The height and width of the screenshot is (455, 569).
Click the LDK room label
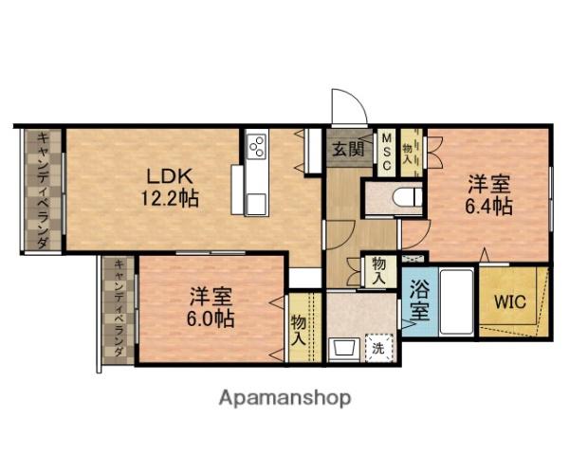[169, 176]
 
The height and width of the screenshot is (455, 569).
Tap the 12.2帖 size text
[170, 199]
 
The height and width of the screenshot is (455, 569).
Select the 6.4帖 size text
[488, 207]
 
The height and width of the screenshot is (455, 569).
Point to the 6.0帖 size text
[211, 318]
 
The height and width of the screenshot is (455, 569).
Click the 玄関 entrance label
[349, 149]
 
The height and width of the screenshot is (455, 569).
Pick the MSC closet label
[387, 153]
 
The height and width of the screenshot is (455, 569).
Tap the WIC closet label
[510, 301]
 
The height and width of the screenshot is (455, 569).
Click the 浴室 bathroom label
[419, 300]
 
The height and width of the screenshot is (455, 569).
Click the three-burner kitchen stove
[256, 146]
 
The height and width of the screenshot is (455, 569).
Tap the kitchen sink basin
[257, 205]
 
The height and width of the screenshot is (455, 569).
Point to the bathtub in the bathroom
[456, 302]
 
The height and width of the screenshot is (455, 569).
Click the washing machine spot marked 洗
[378, 348]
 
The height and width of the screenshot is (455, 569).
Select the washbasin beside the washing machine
[343, 349]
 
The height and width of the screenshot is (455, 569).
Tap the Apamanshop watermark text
[285, 398]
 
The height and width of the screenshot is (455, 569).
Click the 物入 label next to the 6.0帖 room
[299, 330]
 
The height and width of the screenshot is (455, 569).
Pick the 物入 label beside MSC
[407, 154]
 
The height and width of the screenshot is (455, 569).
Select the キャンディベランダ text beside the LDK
[44, 191]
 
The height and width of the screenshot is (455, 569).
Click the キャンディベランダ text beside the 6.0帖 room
[119, 308]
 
